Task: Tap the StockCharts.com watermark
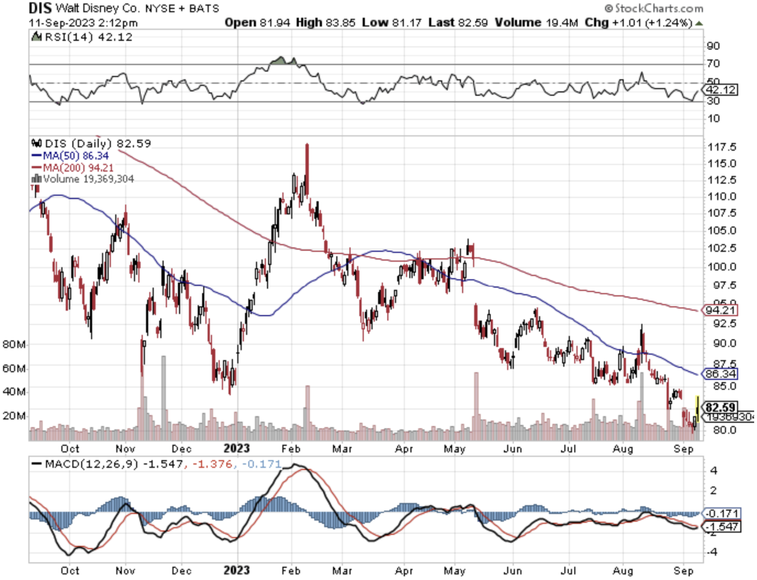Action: [654, 8]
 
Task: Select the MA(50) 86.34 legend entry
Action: [70, 155]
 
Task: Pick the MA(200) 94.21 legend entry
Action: [73, 167]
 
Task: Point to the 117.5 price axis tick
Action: [722, 147]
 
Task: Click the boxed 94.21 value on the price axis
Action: [721, 310]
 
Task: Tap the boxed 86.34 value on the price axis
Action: [721, 374]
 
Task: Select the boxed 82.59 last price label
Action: [721, 407]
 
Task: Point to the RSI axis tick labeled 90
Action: [713, 46]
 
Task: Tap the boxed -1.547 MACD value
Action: [723, 527]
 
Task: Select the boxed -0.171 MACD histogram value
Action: [723, 513]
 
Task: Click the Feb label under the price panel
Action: [291, 448]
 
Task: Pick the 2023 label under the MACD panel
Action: [237, 570]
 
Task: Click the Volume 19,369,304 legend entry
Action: [83, 179]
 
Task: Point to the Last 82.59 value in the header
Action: [458, 22]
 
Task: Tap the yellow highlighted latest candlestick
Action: [698, 409]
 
